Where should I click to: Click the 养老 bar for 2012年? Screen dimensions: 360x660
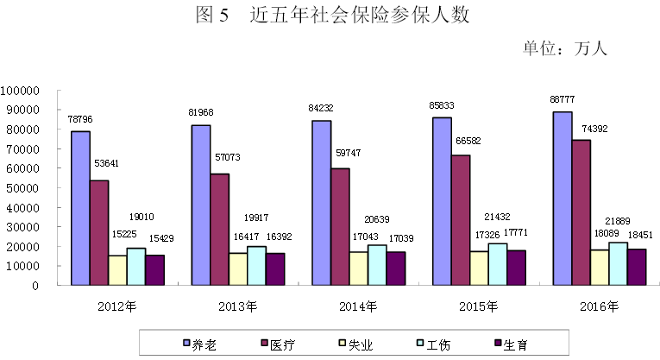click(x=80, y=207)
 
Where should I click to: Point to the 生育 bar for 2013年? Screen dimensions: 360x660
click(x=275, y=268)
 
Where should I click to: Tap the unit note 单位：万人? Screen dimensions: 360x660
click(x=565, y=48)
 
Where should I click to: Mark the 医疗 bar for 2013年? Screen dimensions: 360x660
click(x=219, y=229)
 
